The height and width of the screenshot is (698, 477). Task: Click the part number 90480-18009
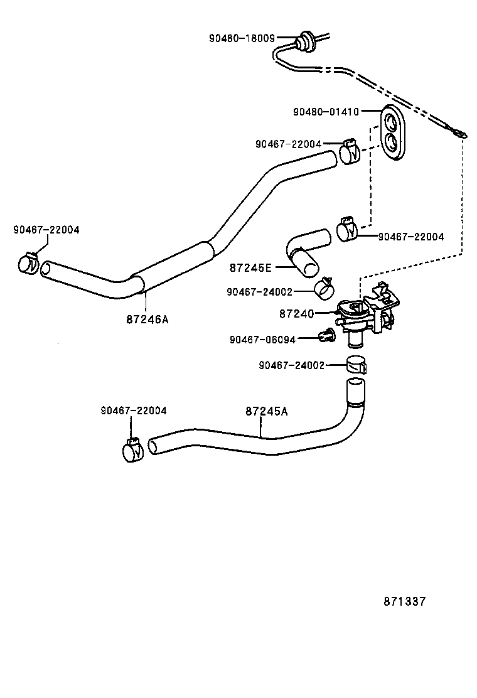point(242,38)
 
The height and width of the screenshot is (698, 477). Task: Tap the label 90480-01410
point(326,112)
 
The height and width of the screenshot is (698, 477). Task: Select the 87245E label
point(250,267)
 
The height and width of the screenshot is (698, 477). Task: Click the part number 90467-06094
point(262,339)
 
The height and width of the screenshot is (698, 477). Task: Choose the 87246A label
point(147,319)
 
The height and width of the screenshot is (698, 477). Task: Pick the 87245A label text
point(267,411)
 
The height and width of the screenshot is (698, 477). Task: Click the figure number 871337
point(405,601)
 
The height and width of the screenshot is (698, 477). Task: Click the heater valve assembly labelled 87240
point(367,314)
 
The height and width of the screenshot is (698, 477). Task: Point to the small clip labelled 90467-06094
point(326,336)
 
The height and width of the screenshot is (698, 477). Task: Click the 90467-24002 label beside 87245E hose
point(260,292)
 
